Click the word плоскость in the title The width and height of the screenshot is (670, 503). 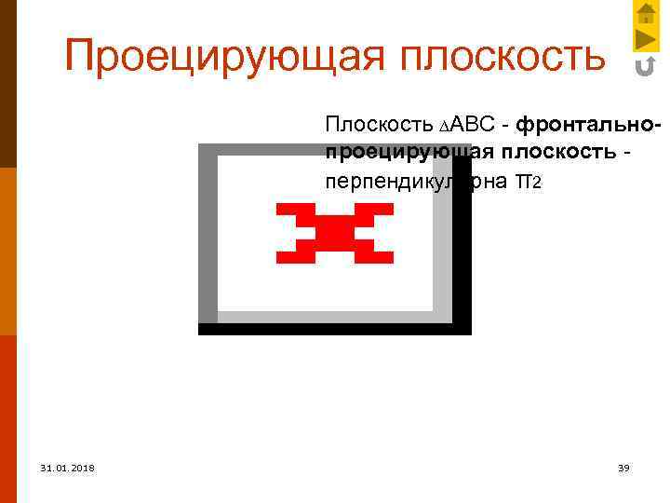tap(502, 57)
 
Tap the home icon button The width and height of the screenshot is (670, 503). tap(646, 13)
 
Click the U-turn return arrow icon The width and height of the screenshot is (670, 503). tap(645, 67)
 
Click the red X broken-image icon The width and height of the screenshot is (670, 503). tap(334, 233)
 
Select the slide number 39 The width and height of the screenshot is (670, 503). tap(623, 468)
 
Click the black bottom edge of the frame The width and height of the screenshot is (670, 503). tap(335, 329)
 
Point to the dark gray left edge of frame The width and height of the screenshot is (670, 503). tap(208, 233)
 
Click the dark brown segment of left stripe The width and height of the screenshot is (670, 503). tap(7, 84)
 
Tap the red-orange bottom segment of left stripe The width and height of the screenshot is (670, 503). tap(7, 419)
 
